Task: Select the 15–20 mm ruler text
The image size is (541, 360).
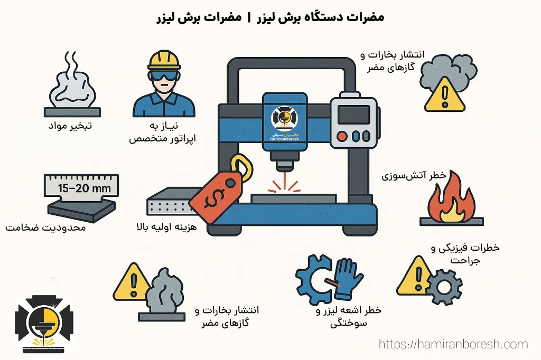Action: [x=81, y=188]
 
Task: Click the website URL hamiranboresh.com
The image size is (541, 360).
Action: [x=453, y=344]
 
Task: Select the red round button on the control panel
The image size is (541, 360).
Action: [x=342, y=136]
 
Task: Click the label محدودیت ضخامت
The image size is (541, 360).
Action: [x=45, y=228]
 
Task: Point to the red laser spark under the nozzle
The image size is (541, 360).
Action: [x=284, y=184]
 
